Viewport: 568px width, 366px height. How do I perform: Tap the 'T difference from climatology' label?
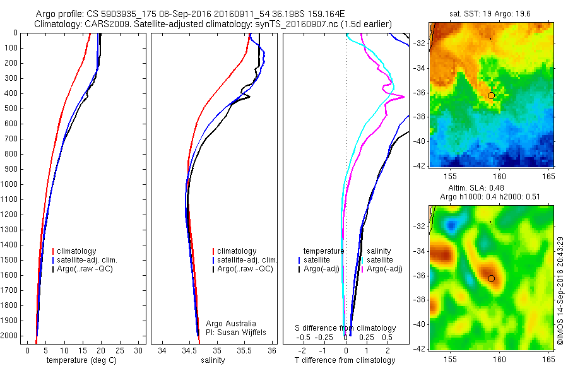coord(345,360)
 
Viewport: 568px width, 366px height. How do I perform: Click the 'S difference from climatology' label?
coord(346,328)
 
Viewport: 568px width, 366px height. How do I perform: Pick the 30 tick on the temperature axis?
coord(138,350)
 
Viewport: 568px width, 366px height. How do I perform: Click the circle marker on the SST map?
coord(491,95)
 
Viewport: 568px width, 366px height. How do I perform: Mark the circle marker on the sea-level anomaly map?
coord(491,278)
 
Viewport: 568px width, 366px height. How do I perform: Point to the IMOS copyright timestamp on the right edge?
coord(560,291)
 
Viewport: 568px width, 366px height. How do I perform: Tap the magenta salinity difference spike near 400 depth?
coord(401,97)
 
